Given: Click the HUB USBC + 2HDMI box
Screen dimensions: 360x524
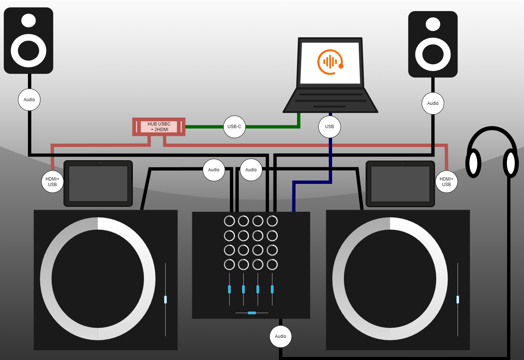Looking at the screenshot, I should coord(159,127).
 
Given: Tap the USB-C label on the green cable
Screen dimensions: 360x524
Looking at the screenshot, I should coord(234,127).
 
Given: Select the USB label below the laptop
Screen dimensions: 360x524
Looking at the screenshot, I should coord(330,127).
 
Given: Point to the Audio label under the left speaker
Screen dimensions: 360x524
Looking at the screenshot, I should coord(29,100).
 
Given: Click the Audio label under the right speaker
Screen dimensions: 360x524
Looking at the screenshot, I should coord(433,103).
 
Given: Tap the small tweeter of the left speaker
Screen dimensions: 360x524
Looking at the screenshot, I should coord(28,20).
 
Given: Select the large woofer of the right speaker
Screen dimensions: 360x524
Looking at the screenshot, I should coord(433,54).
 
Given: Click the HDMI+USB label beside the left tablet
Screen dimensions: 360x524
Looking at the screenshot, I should coord(52,182).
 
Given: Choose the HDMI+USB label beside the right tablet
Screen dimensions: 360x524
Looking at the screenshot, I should coord(447,182).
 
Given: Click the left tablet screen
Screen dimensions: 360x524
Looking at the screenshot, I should coord(98,184).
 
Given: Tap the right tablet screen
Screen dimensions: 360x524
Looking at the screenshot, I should coord(400,184).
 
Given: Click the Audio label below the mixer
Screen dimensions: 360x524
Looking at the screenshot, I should coord(280,336).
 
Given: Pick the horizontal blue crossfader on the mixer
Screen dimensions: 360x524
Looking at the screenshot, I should coord(252,313).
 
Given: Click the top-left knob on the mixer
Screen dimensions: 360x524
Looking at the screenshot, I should coord(230,221).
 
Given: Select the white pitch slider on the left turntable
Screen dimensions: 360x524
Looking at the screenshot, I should coord(165,299).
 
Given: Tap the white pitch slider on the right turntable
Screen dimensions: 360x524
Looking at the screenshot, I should coord(458,299).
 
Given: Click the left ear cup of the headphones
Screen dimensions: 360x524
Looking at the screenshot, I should coord(473,163).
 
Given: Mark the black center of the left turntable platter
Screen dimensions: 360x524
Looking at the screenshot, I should coord(98,279).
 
